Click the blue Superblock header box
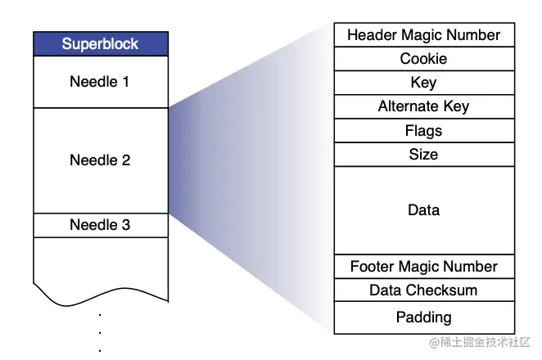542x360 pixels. click(101, 43)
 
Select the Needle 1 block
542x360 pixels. click(101, 82)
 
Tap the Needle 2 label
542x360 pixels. click(100, 160)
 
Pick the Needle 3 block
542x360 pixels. click(101, 225)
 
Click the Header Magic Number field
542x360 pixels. click(423, 35)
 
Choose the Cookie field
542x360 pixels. click(423, 59)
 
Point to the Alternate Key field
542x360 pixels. click(423, 106)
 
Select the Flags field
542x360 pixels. click(423, 131)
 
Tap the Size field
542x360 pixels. click(423, 154)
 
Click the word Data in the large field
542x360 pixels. click(423, 210)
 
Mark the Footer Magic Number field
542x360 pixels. click(423, 267)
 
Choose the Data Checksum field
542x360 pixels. click(423, 290)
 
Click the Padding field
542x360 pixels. click(423, 317)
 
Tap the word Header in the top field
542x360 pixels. click(369, 35)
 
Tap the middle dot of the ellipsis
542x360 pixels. click(100, 332)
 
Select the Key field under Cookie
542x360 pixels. click(423, 83)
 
